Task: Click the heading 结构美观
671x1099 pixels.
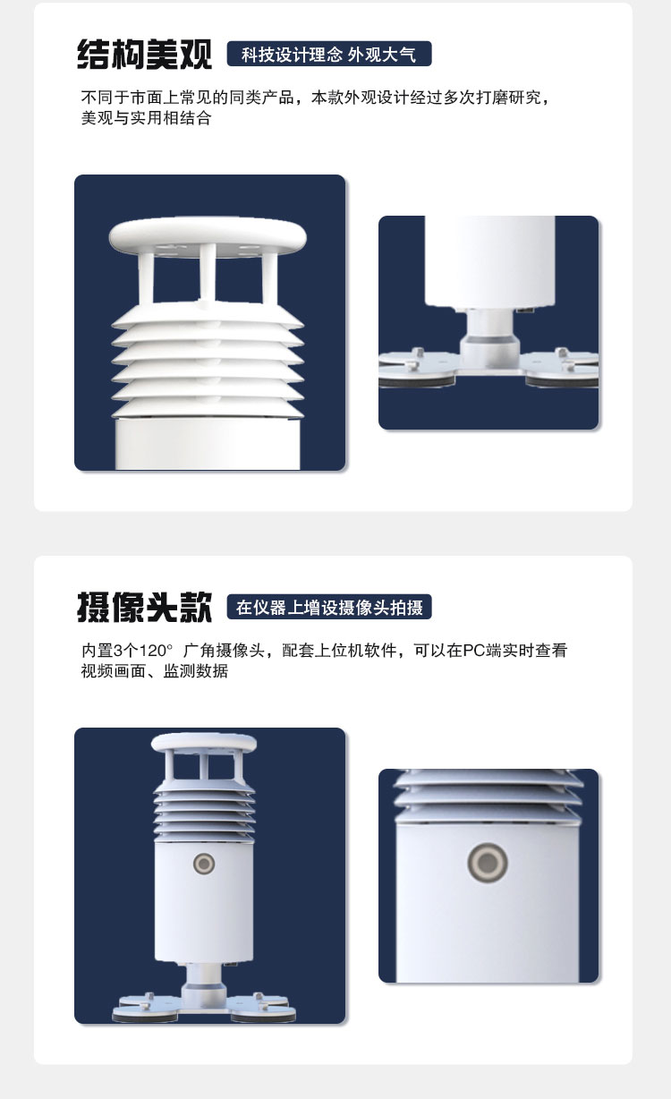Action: point(145,54)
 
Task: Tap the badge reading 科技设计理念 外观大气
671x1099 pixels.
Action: point(329,54)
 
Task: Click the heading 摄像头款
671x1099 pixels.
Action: point(145,607)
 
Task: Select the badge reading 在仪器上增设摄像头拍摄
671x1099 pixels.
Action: point(329,607)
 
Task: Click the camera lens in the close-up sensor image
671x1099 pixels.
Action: point(487,862)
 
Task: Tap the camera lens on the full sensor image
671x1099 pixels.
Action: point(204,864)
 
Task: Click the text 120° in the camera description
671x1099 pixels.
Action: point(156,651)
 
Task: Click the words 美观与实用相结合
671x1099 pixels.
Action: point(146,118)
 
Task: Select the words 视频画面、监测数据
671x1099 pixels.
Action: point(155,670)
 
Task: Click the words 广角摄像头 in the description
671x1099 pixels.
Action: point(224,651)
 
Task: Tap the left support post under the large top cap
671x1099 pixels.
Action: point(146,277)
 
